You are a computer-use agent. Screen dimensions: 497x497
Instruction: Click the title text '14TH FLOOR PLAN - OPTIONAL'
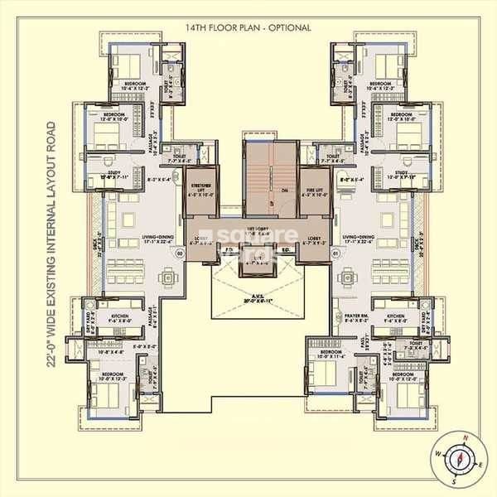[x=248, y=27]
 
